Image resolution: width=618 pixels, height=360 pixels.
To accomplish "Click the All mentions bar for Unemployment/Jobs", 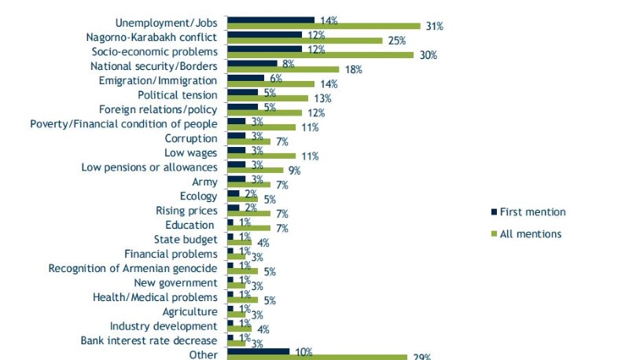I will tap(323, 26).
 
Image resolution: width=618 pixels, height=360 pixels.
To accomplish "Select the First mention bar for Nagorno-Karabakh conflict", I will tap(264, 35).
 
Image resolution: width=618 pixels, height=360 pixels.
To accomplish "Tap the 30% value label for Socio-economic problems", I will tap(428, 55).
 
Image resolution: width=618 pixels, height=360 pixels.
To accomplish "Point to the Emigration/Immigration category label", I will tap(158, 79).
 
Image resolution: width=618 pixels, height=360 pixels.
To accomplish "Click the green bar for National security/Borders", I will tap(282, 69).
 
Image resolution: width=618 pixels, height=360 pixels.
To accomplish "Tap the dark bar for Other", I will tap(258, 351).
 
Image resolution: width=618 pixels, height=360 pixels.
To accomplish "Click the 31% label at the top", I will tap(434, 26).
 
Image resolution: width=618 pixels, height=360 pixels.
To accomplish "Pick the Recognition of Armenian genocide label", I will tap(132, 269).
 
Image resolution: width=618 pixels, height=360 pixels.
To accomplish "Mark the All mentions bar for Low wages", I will tap(261, 156).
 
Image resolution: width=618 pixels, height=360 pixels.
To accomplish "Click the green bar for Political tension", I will tap(267, 98).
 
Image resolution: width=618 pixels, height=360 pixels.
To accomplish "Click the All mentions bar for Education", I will tap(248, 228).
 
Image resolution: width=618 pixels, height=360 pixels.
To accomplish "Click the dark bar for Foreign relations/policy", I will tap(242, 107).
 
